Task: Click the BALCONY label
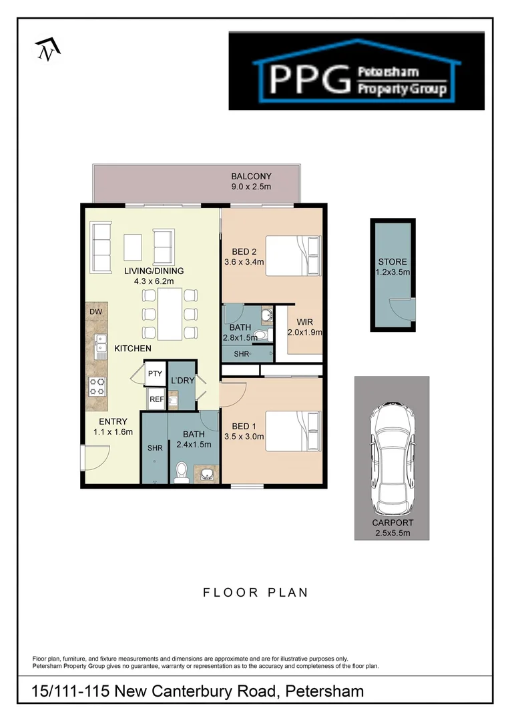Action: (251, 177)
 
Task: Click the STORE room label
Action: (392, 262)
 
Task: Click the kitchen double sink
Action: (101, 344)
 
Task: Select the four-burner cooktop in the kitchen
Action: (98, 385)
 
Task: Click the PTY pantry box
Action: (155, 375)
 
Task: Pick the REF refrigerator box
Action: (156, 399)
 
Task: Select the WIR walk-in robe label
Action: (304, 321)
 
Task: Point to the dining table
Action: (170, 313)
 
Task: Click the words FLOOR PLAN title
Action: (256, 592)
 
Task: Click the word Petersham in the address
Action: (324, 691)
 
